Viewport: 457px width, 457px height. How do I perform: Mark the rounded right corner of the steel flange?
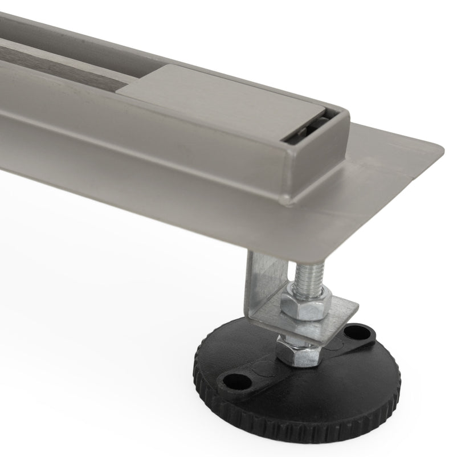point(439,151)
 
